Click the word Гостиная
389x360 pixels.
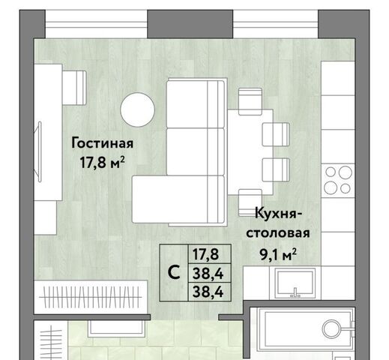pos(103,143)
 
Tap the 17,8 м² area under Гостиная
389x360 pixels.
pos(102,162)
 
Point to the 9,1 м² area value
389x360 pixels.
pos(278,254)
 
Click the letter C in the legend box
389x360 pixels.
pos(174,272)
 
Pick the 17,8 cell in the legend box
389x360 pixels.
pos(205,254)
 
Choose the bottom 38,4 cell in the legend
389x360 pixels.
pos(208,292)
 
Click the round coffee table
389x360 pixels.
pos(137,109)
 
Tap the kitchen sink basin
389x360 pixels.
pos(295,283)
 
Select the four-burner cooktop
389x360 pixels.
pos(338,181)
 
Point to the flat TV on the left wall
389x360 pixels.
pos(38,151)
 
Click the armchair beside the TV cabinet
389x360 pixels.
pos(74,88)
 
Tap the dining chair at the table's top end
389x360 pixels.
pos(250,101)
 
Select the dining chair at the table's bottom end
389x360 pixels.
pos(250,202)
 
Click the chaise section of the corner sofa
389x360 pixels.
pos(178,199)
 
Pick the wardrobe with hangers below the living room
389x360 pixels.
pos(91,297)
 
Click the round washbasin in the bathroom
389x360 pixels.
pos(331,328)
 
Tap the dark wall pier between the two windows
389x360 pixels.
pos(190,24)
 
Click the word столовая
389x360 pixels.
pos(278,233)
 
